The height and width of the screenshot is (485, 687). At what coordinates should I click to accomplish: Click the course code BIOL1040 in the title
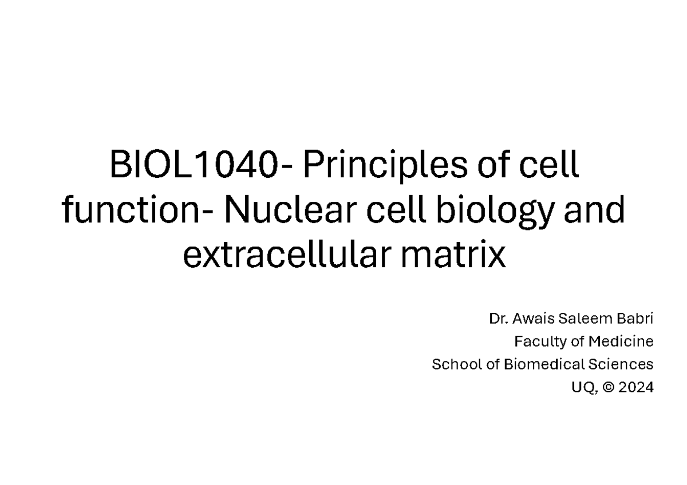(194, 164)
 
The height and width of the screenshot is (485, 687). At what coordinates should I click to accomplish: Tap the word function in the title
(131, 209)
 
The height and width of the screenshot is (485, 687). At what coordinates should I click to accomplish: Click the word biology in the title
(495, 212)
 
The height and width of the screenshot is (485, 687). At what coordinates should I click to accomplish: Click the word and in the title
(594, 209)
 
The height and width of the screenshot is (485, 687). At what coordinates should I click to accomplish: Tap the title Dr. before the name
(499, 319)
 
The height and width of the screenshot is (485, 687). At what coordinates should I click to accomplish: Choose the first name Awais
(534, 319)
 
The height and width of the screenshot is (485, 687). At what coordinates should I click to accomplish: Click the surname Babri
(635, 319)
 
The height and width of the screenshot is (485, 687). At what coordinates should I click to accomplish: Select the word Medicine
(621, 341)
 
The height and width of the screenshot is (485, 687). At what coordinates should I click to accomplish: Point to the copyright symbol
(609, 388)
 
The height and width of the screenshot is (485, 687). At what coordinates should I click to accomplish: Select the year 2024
(636, 388)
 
